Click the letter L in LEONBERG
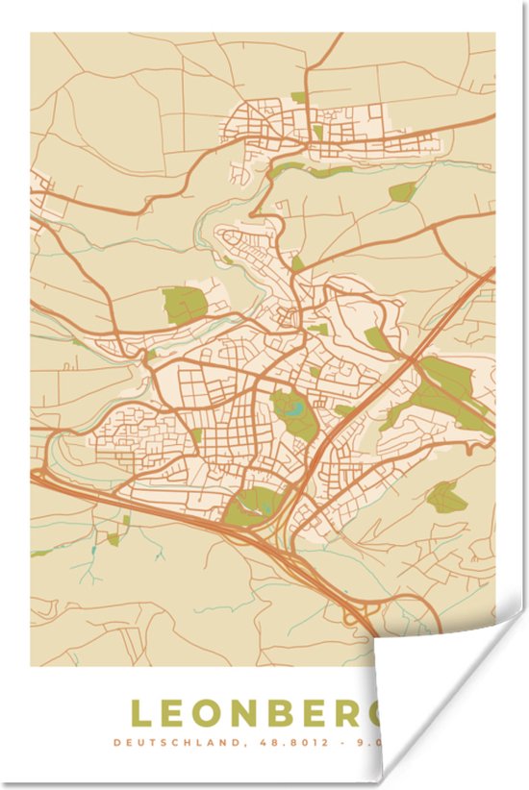(x=141, y=713)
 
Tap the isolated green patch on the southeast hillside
(x=446, y=497)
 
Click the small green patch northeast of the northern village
(x=403, y=191)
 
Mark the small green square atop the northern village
(x=298, y=97)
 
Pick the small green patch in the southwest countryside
(x=113, y=539)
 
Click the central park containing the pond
(x=293, y=413)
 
